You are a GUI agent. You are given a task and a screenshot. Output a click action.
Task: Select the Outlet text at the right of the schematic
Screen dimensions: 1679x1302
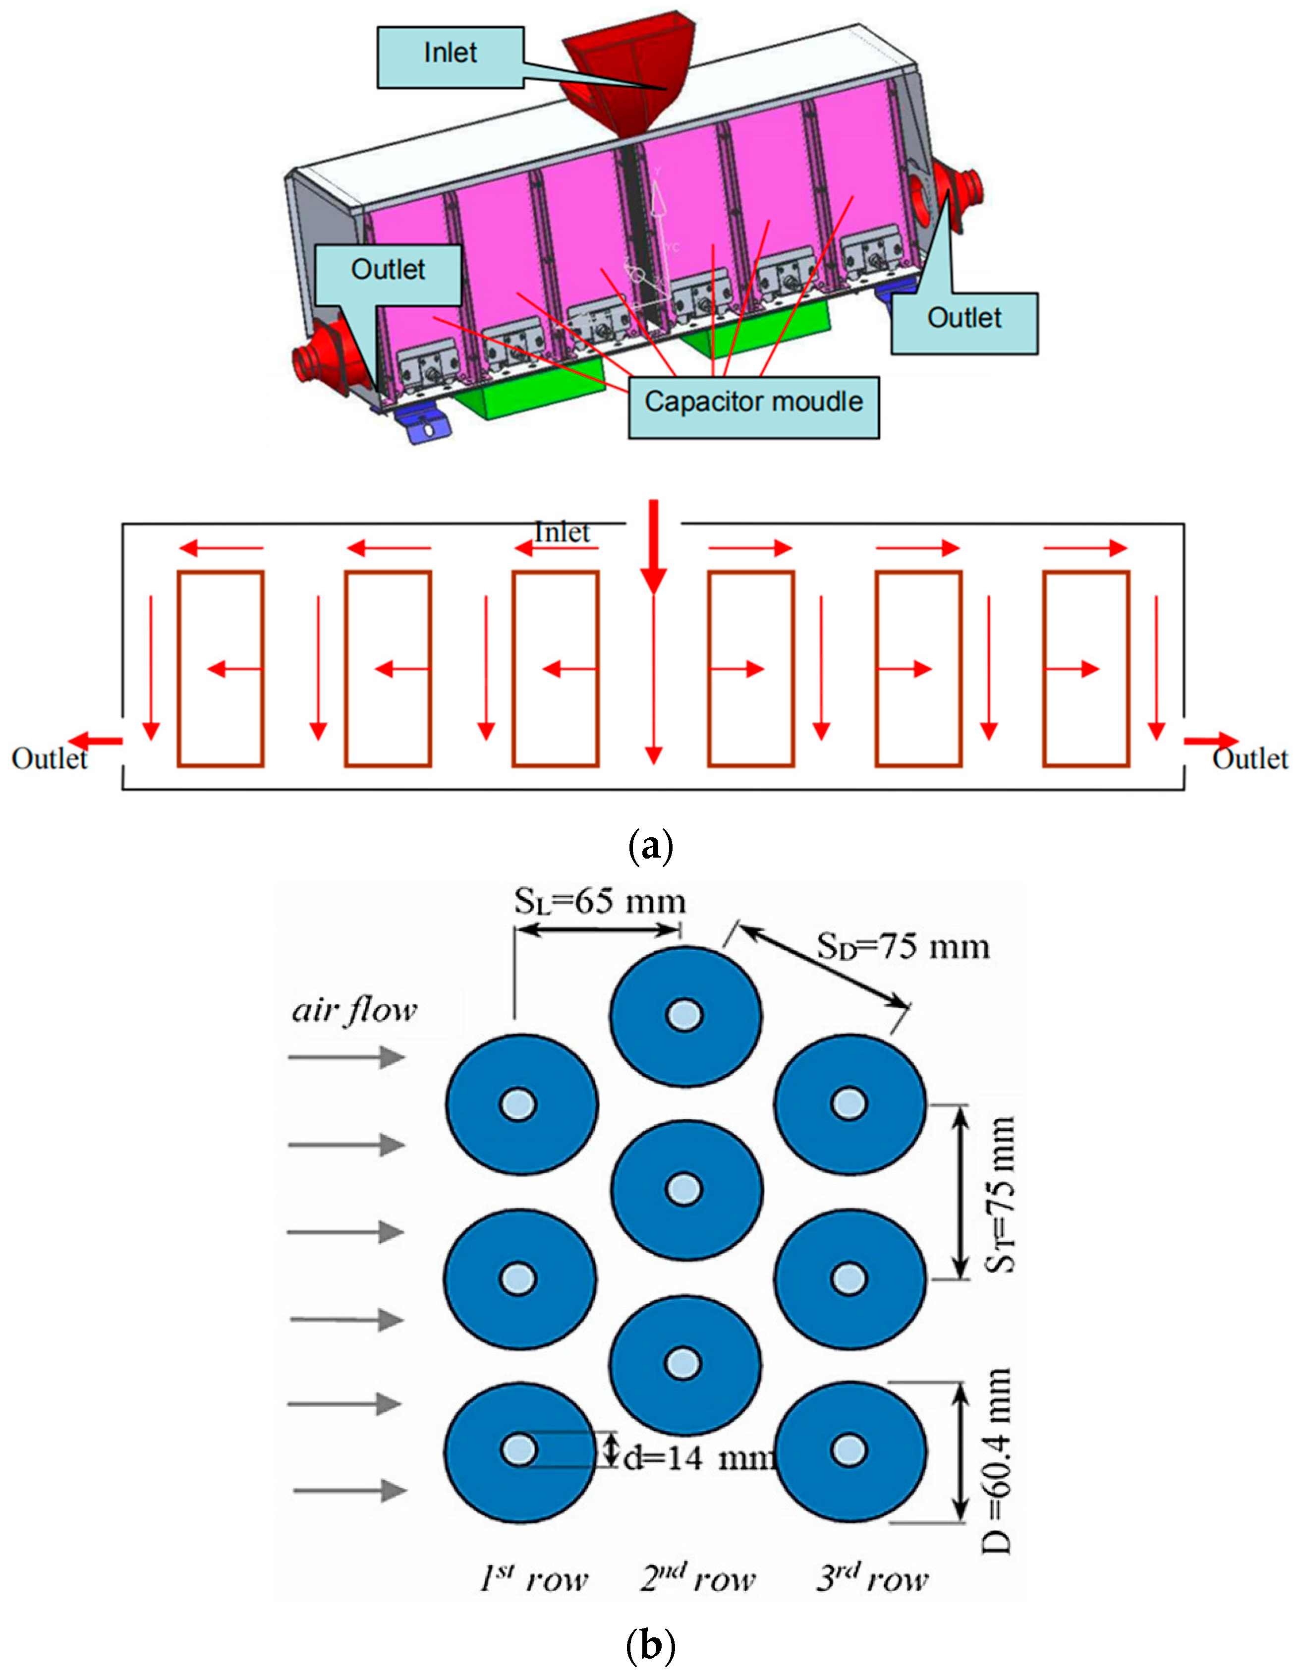[x=1250, y=759]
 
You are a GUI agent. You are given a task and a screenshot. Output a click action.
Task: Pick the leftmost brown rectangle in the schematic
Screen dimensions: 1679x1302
[x=221, y=669]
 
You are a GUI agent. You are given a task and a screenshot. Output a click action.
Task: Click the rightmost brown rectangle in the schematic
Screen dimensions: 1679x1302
[x=1086, y=669]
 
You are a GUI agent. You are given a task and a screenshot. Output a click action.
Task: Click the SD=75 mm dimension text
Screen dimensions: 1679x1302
[x=903, y=947]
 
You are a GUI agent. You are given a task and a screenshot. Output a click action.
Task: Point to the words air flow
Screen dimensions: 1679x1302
[x=354, y=1009]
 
